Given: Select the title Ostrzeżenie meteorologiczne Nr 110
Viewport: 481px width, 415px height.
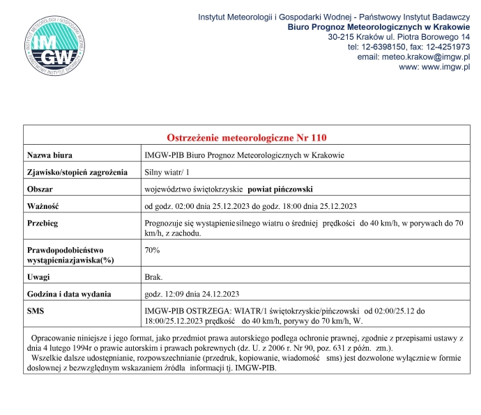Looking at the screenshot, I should click(x=247, y=137).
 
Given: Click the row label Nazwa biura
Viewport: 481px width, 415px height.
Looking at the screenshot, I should click(x=50, y=155).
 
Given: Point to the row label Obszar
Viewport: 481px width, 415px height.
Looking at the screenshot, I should click(x=40, y=189).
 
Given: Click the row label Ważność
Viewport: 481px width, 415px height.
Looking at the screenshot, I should click(x=43, y=206).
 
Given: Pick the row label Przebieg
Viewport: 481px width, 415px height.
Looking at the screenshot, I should click(x=43, y=224).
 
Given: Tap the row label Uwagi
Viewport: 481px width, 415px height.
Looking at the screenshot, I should click(x=38, y=276).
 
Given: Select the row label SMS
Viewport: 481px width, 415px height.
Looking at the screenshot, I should click(x=35, y=311).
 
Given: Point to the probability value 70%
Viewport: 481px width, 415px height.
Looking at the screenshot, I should click(x=152, y=249).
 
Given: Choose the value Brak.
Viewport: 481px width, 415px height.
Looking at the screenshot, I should click(x=153, y=276).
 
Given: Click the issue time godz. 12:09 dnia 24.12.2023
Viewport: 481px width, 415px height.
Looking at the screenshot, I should click(x=192, y=293).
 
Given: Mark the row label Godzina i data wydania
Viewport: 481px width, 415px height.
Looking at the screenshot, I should click(x=69, y=293).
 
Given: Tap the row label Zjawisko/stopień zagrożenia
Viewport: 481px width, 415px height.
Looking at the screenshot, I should click(x=77, y=171).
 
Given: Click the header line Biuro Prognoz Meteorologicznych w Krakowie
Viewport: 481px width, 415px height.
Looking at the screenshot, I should click(x=379, y=26).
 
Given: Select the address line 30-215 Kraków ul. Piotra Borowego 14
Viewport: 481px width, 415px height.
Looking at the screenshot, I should click(x=399, y=37).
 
